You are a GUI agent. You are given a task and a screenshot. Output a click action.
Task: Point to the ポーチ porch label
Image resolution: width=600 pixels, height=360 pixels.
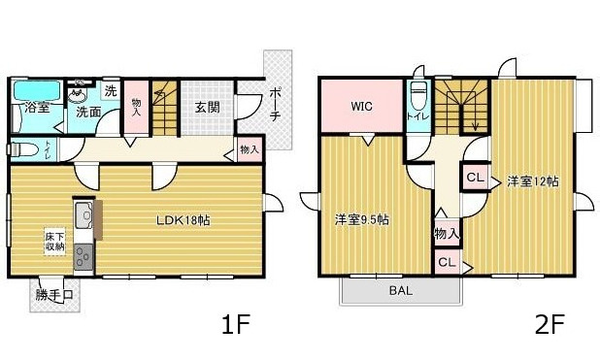[276, 104]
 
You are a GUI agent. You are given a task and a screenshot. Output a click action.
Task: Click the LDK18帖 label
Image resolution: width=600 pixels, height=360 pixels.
[183, 220]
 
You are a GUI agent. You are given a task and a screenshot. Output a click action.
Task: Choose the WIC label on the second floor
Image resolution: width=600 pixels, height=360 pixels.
[362, 106]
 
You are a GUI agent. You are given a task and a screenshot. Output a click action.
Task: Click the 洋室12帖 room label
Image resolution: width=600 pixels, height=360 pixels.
[533, 180]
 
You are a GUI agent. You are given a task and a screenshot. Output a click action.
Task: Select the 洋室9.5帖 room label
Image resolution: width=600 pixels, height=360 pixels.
[362, 219]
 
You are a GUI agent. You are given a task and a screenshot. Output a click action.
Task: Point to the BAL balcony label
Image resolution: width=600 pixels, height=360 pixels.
[399, 291]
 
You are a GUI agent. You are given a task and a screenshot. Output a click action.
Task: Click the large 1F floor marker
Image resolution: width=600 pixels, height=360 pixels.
[237, 325]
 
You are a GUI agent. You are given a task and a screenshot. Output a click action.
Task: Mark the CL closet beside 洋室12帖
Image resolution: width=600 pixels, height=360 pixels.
[475, 178]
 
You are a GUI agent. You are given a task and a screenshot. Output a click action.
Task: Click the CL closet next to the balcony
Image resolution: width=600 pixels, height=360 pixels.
[447, 262]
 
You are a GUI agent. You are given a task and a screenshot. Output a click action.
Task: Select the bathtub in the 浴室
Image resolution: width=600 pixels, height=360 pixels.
[36, 91]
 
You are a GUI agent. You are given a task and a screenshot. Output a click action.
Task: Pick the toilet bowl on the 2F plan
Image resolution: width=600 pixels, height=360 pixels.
[418, 95]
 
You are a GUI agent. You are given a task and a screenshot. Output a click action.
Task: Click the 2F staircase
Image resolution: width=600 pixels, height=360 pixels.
[461, 106]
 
